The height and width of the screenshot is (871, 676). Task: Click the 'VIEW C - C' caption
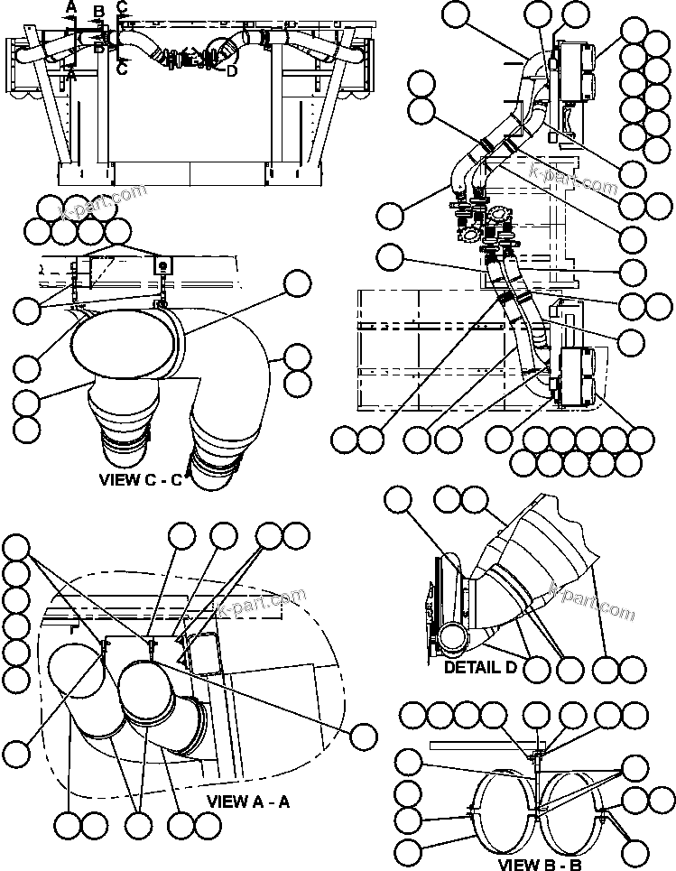141,480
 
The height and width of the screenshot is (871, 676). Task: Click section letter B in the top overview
99,12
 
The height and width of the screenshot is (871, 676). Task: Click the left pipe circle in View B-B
501,810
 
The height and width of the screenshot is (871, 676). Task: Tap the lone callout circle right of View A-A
364,736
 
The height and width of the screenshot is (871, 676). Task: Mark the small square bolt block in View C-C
163,265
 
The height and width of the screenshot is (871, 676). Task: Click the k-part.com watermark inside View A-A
262,605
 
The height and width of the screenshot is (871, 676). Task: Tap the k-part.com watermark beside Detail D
591,601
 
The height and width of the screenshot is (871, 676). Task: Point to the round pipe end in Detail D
450,639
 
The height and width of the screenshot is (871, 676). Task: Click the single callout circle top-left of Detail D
398,500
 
